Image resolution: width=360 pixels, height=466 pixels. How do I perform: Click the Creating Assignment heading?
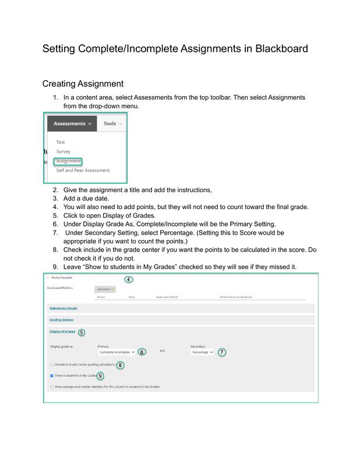83,84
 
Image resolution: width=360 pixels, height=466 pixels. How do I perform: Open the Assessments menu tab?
73,123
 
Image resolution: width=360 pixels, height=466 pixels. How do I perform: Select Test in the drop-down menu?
61,142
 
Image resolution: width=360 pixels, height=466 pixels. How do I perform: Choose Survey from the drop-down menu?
63,151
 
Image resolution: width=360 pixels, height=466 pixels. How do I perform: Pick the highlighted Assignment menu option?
68,161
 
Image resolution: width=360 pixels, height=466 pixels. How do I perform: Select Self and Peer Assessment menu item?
83,171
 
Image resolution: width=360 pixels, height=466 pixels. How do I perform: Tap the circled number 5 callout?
82,332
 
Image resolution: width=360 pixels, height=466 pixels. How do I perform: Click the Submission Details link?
63,308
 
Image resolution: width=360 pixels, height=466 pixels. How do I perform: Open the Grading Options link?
61,320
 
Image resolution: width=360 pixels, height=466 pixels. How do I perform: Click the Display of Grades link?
62,331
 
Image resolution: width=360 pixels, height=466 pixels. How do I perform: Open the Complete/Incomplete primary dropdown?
117,352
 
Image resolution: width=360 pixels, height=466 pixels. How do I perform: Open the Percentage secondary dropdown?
202,352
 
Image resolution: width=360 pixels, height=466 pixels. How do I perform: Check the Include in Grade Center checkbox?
52,365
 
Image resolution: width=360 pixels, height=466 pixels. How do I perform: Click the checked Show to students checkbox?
52,376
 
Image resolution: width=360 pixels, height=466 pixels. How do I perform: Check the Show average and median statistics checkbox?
52,386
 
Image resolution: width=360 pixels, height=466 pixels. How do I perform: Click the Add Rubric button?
105,289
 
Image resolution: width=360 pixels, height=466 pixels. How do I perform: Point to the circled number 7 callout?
222,352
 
